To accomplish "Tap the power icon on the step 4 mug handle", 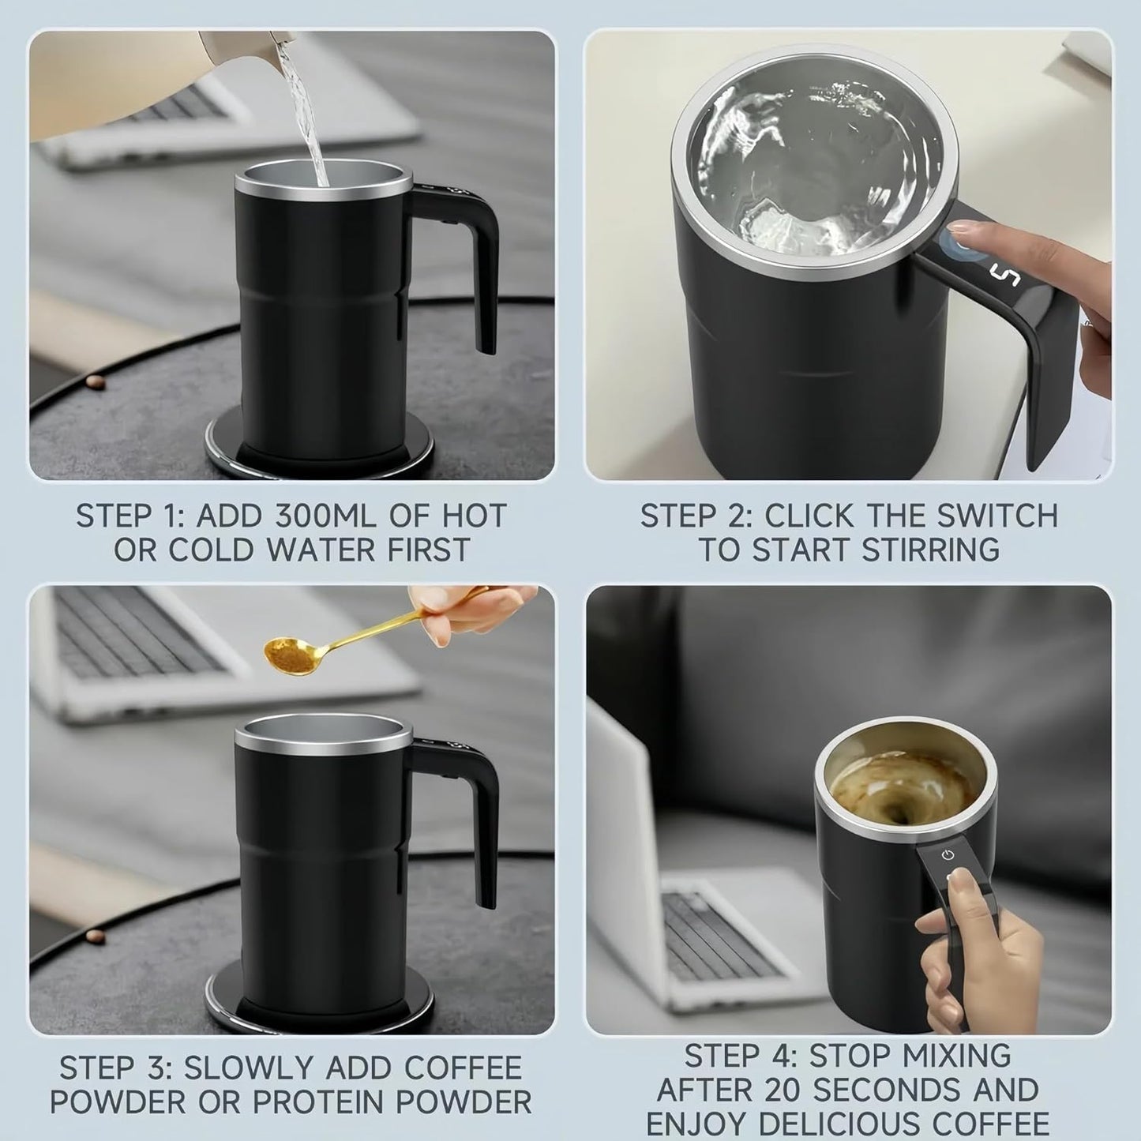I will (x=947, y=855).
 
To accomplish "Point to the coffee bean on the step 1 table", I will (x=95, y=382).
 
